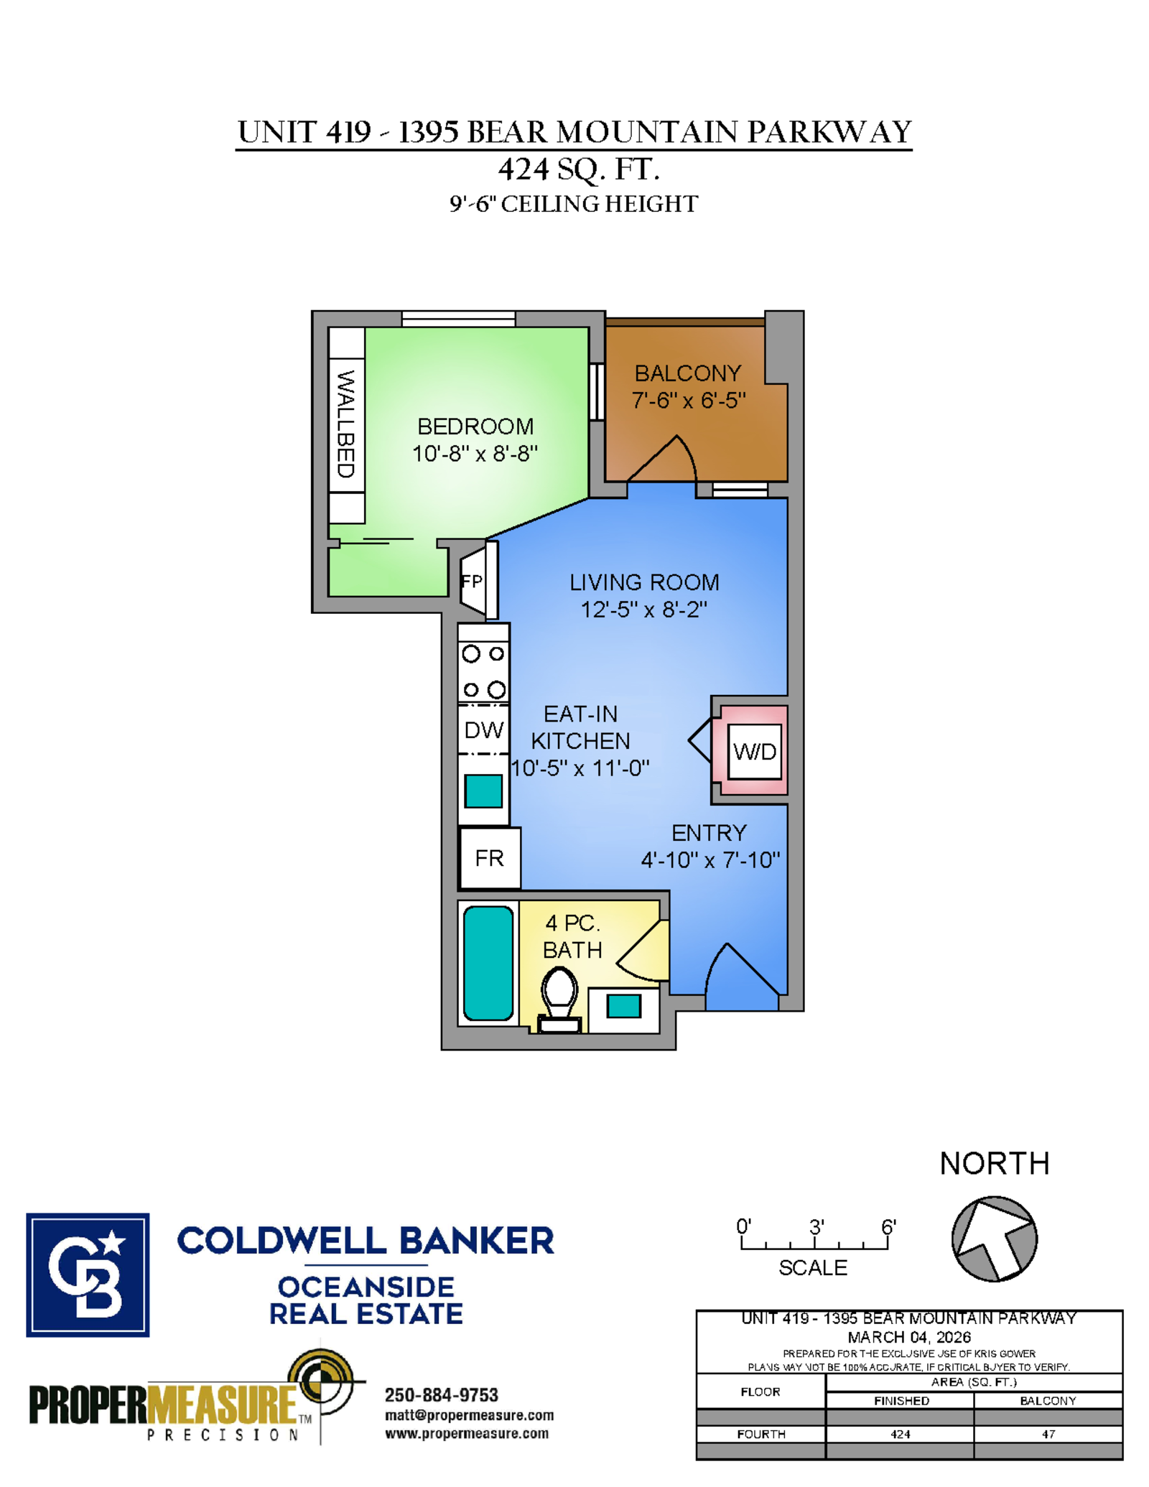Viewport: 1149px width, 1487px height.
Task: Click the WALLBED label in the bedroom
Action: tap(346, 424)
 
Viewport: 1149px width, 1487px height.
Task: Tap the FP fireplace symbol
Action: tap(475, 581)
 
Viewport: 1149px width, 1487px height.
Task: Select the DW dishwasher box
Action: tap(483, 730)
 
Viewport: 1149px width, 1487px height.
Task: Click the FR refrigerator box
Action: tap(490, 858)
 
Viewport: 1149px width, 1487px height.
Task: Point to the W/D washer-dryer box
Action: tap(754, 752)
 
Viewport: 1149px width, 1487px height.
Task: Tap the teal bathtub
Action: tap(488, 963)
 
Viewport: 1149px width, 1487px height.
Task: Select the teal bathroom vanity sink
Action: tap(623, 1006)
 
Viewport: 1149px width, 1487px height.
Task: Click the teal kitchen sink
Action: tap(483, 791)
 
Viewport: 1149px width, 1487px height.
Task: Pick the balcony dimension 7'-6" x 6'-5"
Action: tap(688, 400)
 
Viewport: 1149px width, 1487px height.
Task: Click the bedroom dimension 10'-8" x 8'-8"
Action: tap(475, 454)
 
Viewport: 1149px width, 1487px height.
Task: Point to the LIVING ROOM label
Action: tap(644, 582)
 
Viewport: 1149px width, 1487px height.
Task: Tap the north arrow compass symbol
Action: tap(994, 1239)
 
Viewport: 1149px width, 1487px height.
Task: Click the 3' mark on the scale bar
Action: tap(816, 1227)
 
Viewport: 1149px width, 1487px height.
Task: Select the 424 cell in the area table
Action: tap(900, 1434)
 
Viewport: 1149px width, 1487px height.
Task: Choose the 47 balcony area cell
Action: tap(1048, 1434)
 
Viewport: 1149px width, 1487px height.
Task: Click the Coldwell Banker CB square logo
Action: tap(88, 1275)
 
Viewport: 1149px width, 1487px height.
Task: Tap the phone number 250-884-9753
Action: tap(441, 1394)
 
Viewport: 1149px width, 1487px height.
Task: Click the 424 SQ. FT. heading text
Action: tap(579, 169)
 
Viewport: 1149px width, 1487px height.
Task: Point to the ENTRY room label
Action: tap(709, 833)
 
